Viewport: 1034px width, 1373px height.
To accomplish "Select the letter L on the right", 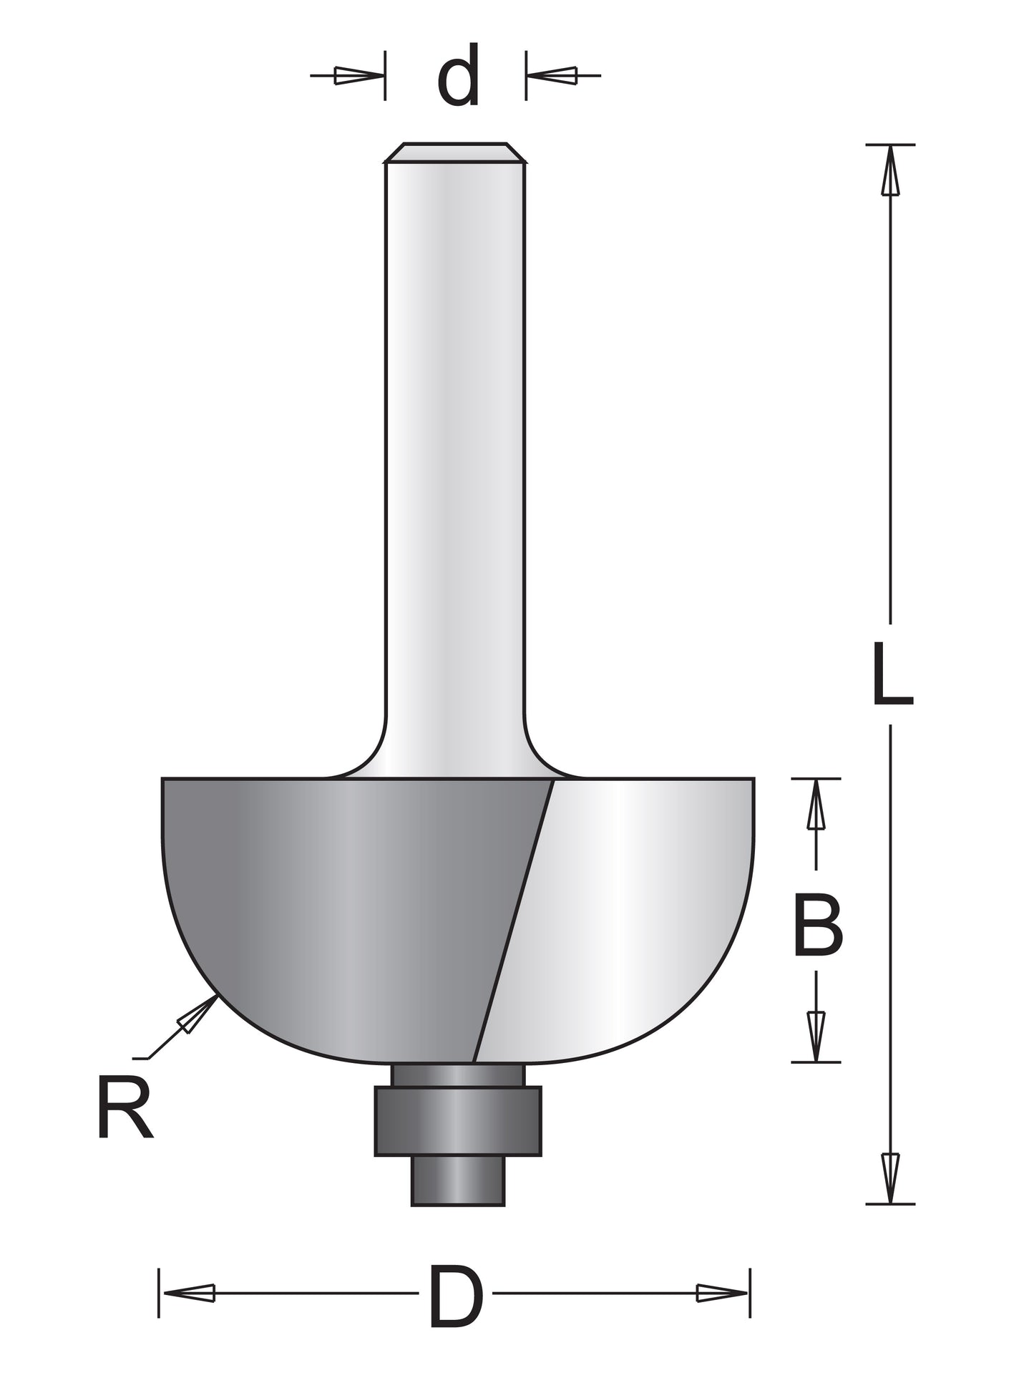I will coord(892,674).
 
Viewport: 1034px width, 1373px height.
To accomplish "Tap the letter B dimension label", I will coord(818,927).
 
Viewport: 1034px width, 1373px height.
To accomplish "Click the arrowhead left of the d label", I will coord(356,75).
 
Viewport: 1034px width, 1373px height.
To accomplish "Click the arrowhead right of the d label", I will coord(554,74).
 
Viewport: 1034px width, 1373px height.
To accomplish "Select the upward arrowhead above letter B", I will coord(816,805).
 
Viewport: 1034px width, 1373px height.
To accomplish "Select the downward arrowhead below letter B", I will coord(816,1034).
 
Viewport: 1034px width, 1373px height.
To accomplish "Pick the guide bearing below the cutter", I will coord(458,1120).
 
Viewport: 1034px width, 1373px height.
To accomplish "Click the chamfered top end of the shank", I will coord(455,152).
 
